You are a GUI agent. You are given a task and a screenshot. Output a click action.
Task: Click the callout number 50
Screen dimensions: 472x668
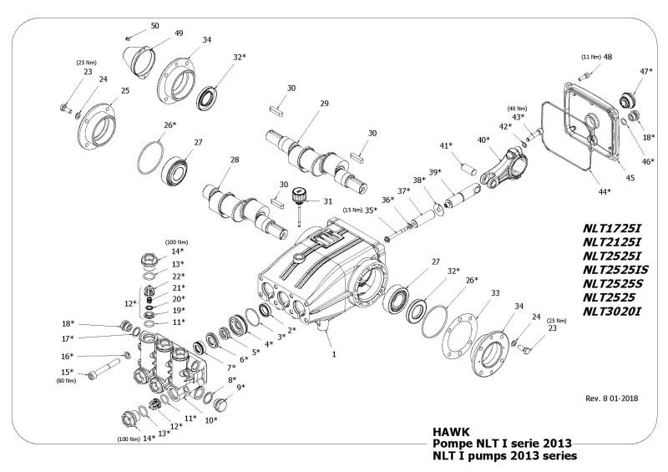pyautogui.click(x=154, y=27)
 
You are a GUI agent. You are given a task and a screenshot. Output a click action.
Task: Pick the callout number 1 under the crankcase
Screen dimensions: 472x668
pyautogui.click(x=334, y=354)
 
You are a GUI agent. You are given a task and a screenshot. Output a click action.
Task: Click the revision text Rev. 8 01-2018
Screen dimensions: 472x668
pyautogui.click(x=607, y=398)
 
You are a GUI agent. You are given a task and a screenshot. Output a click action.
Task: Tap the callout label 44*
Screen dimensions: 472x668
pyautogui.click(x=604, y=191)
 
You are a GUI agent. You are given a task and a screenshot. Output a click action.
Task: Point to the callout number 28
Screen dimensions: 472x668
pyautogui.click(x=235, y=160)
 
